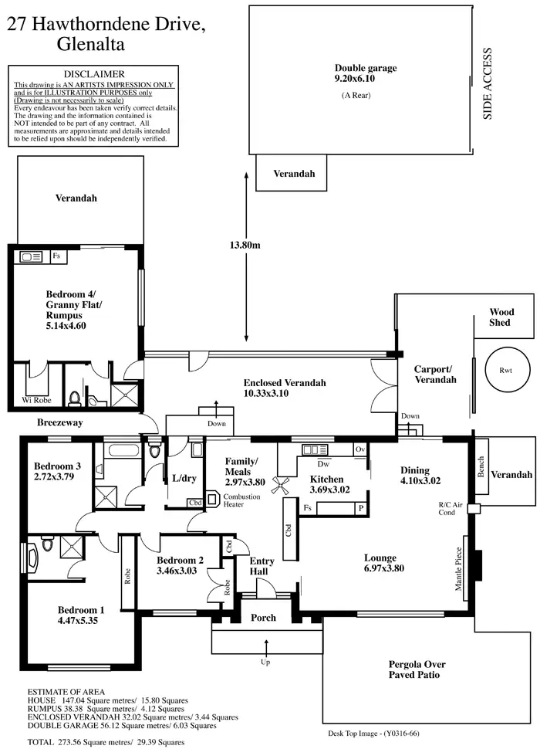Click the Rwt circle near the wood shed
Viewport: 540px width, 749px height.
click(x=505, y=371)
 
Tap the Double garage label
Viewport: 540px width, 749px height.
click(x=365, y=68)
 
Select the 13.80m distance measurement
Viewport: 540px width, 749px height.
click(x=246, y=246)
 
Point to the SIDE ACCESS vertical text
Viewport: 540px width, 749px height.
click(x=488, y=84)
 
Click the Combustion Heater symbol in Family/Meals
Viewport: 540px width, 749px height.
click(x=213, y=499)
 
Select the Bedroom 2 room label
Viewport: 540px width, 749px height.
click(x=180, y=560)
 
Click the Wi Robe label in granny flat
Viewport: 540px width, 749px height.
click(x=36, y=400)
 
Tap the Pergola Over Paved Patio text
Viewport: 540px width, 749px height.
click(x=417, y=669)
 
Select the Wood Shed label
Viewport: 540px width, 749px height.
click(x=501, y=317)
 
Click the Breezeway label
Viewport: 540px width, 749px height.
click(x=60, y=423)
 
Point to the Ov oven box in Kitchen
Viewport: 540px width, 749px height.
click(x=359, y=449)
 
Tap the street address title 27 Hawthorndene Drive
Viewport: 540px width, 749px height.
click(x=106, y=25)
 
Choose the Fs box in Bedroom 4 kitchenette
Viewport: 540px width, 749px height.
click(x=57, y=256)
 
